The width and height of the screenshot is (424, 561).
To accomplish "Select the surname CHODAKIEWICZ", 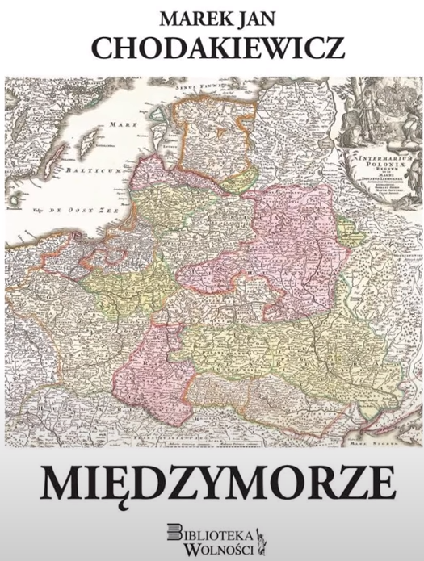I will coord(212,48).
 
